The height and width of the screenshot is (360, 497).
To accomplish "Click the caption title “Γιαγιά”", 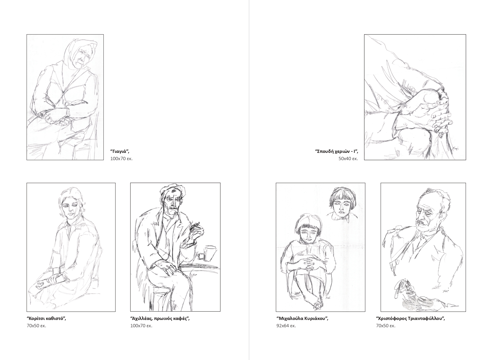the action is coord(120,151).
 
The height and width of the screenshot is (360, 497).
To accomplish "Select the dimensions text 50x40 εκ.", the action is coord(348,159).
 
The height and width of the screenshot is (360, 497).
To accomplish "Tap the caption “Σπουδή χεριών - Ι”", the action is coord(337,151).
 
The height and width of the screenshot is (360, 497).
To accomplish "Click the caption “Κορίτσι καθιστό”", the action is coord(46,319).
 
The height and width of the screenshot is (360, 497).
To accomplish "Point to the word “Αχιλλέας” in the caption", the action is coord(142,319).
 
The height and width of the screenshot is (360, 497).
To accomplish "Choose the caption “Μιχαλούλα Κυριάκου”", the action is coord(302,319).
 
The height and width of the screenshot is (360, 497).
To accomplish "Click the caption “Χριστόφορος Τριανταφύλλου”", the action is coord(411,319).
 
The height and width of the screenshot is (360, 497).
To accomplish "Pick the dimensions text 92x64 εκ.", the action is coord(286,326).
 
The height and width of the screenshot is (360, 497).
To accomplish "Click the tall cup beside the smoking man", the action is coord(210,253).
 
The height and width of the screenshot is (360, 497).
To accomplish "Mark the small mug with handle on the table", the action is coord(201,256).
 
